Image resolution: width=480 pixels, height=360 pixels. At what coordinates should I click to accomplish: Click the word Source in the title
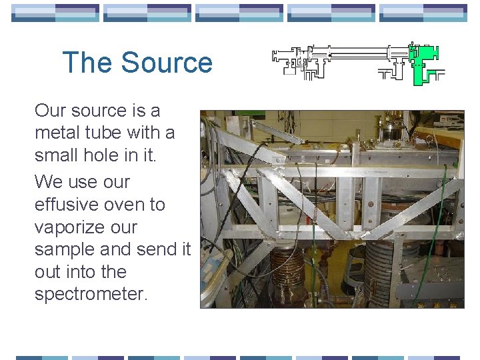[167, 63]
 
